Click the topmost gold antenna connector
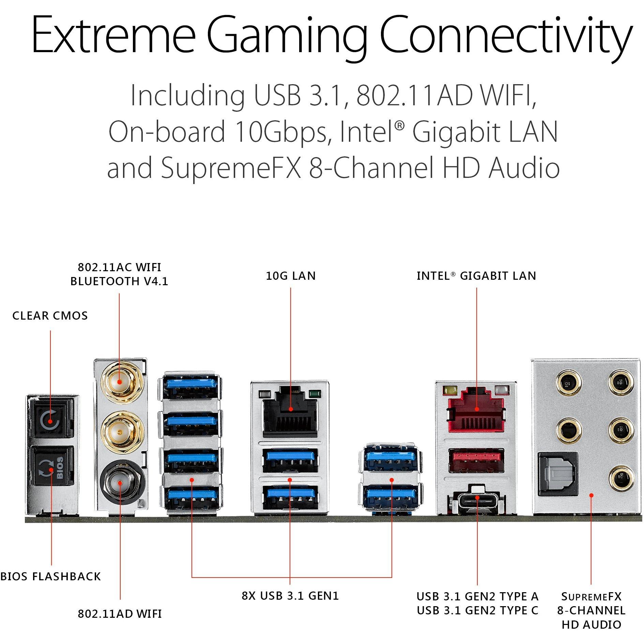click(x=119, y=382)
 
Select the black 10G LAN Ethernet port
click(x=290, y=412)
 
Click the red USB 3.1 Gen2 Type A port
click(x=476, y=460)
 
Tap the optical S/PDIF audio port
click(x=557, y=474)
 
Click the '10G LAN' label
click(x=291, y=276)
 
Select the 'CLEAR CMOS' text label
click(x=50, y=316)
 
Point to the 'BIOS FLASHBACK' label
click(x=50, y=576)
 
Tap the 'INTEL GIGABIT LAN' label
click(x=476, y=276)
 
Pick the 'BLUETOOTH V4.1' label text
click(x=119, y=281)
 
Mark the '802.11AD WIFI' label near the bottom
click(x=120, y=614)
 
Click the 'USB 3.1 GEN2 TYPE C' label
click(x=477, y=610)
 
